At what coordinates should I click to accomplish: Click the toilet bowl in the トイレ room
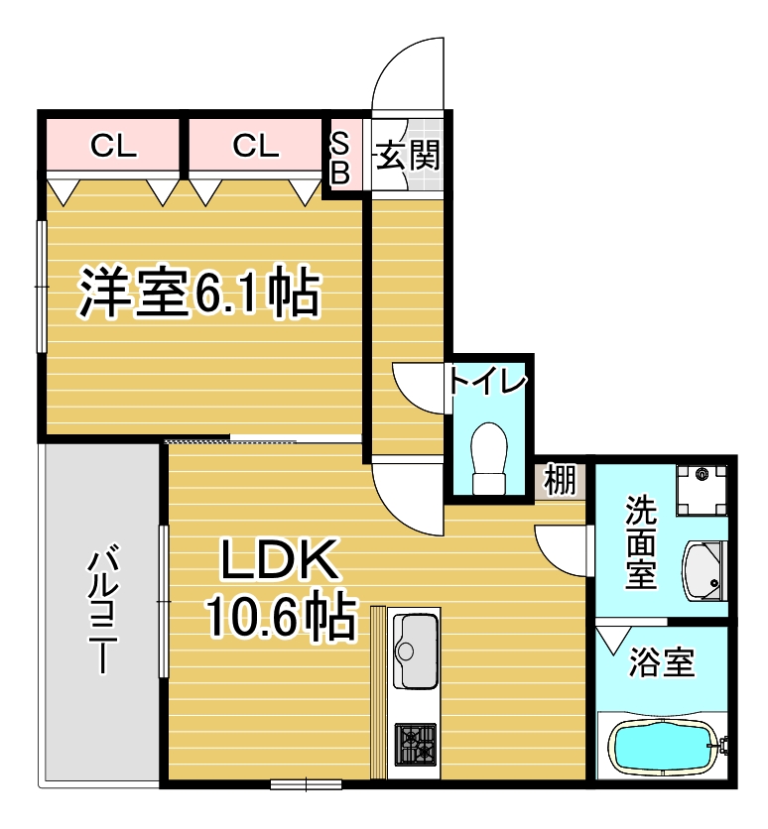coord(489,458)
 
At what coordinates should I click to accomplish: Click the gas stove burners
coord(416,745)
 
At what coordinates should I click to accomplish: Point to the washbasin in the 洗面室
coord(703,571)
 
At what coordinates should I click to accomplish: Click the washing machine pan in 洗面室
coord(702,490)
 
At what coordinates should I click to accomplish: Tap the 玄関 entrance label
coord(408,156)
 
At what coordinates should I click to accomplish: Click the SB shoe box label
coord(340,158)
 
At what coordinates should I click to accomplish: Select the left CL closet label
coord(113,146)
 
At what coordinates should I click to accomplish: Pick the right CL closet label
coord(255,146)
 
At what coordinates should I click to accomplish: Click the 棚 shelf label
coord(561,480)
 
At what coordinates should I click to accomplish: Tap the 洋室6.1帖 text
coord(199,294)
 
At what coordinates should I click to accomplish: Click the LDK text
coord(279,559)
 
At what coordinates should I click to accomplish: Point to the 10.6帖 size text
coord(281,617)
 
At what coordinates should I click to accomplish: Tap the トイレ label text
coord(487,382)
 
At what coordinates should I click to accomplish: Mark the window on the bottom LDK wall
coord(306,784)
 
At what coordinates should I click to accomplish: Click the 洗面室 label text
coord(641,542)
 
